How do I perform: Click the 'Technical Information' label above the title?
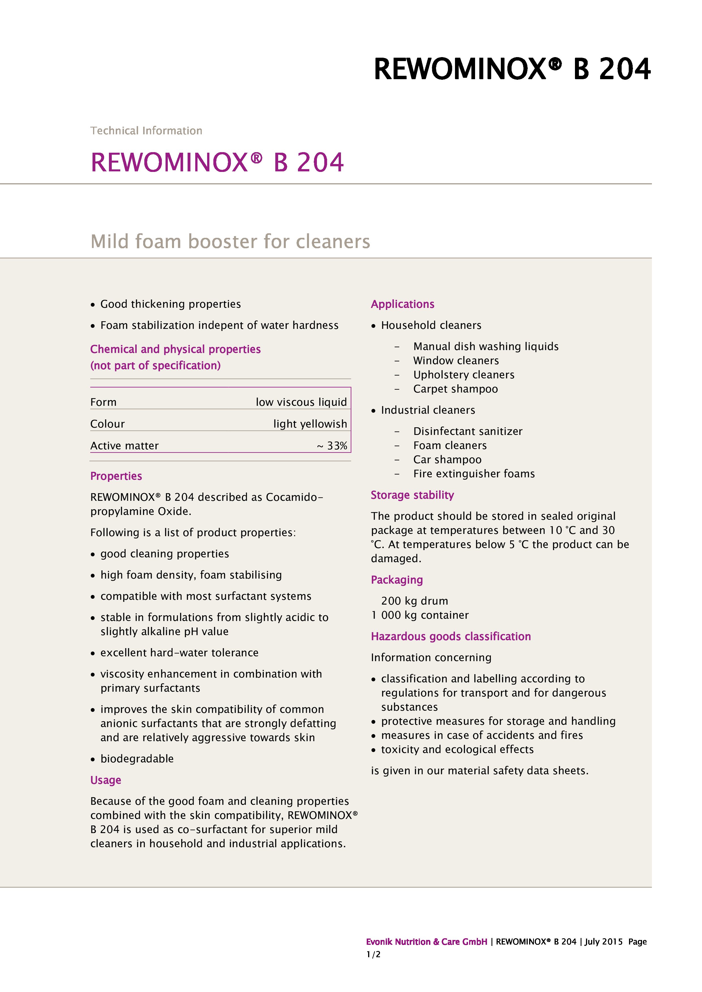[146, 130]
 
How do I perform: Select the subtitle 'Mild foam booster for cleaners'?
[230, 241]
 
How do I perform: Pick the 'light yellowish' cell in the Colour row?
[310, 424]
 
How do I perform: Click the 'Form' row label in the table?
[103, 402]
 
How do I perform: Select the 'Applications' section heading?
[402, 304]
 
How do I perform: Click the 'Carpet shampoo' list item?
[455, 389]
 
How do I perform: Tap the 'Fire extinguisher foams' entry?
[474, 474]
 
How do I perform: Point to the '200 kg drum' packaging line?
[414, 601]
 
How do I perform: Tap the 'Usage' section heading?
[106, 780]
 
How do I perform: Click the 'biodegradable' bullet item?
[137, 759]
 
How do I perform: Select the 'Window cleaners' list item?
[456, 360]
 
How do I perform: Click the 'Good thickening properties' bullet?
[170, 304]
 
